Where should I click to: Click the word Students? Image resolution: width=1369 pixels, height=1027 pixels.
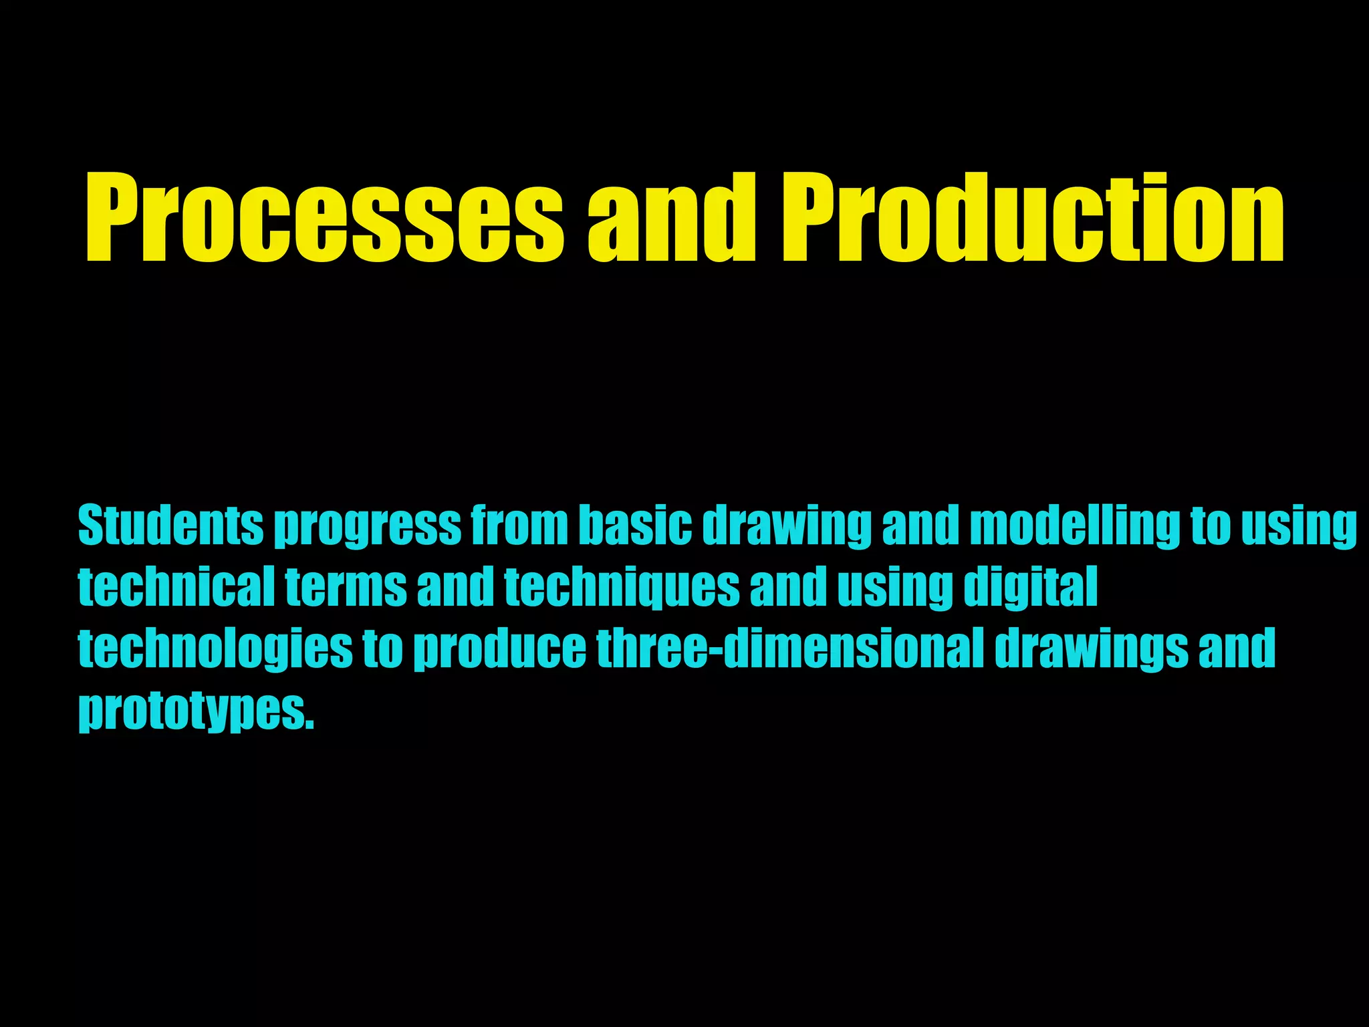click(x=170, y=526)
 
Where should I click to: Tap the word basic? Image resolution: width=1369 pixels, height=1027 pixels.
click(x=635, y=526)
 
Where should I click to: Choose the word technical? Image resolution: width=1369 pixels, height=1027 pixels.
click(x=176, y=586)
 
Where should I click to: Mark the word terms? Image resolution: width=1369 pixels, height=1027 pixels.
click(x=346, y=586)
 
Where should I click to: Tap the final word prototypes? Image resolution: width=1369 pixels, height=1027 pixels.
click(x=195, y=710)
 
